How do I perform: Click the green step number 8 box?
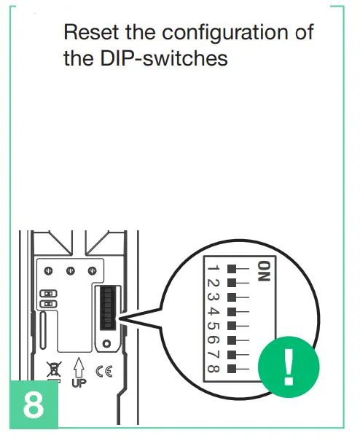pos(33,404)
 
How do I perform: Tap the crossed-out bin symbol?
pos(54,369)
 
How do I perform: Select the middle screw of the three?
pos(71,271)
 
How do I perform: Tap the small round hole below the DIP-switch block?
pos(107,343)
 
